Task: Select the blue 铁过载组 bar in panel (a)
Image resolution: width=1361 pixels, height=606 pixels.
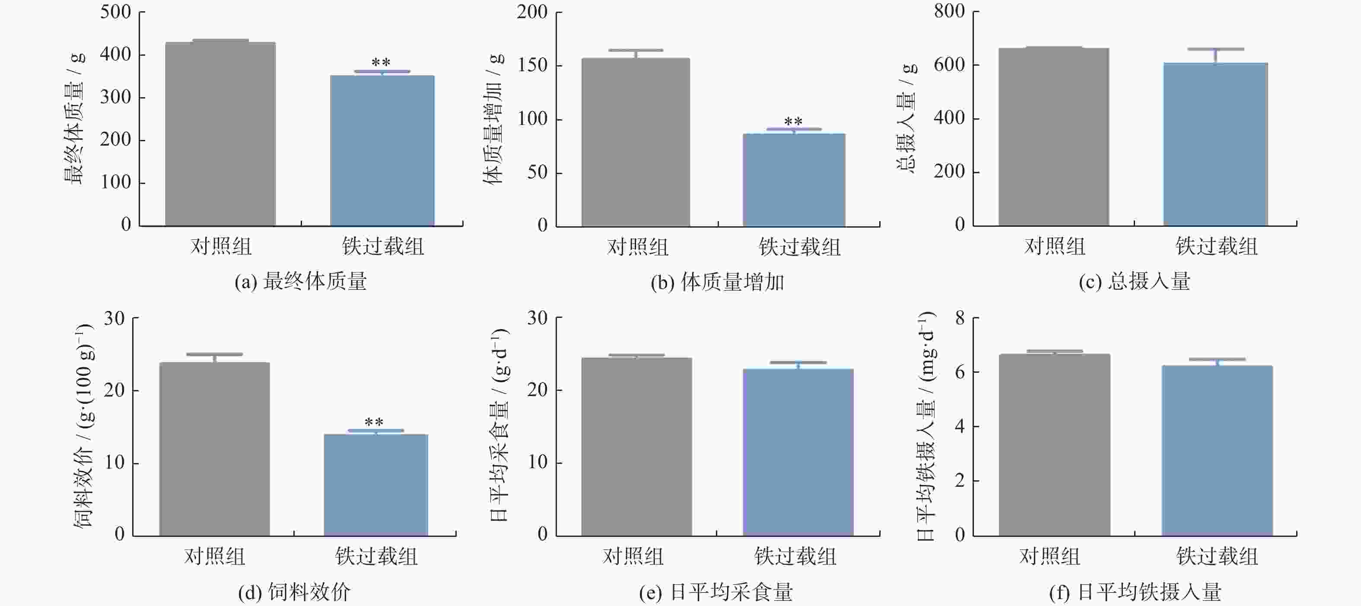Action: point(382,151)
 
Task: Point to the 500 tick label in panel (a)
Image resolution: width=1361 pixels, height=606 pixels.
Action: point(116,12)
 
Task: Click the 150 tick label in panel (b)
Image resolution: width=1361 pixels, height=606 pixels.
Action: point(533,66)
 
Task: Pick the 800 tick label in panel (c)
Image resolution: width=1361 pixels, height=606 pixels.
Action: point(949,11)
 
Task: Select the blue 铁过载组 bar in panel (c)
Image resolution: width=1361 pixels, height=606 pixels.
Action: point(1215,144)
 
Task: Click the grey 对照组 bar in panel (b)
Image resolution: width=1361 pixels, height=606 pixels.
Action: point(636,142)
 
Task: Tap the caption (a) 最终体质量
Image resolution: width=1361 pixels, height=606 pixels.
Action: point(301,282)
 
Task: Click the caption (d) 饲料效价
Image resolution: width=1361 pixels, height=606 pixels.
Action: point(294,592)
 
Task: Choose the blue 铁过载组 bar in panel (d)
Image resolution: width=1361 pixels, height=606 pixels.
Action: point(375,485)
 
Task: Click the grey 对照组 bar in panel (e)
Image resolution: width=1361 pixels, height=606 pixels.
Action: point(637,447)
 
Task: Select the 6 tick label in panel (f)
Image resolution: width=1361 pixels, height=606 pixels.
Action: point(960,372)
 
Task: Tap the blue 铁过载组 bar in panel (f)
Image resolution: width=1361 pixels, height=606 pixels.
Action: point(1217,451)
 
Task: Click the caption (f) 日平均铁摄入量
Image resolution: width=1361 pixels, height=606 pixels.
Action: point(1135,592)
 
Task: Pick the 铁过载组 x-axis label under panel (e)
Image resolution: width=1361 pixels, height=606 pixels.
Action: point(795,556)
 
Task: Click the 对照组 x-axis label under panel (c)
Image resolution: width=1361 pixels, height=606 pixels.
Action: point(1055,246)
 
